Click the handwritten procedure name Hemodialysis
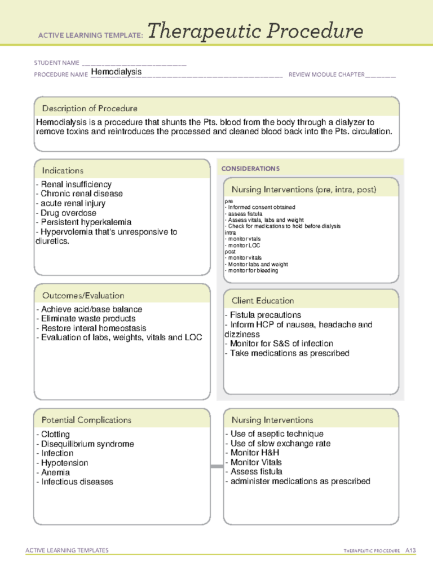116,72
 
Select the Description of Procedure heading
90,108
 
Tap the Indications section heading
63,170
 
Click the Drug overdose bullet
65,213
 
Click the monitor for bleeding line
251,270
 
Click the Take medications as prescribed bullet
287,353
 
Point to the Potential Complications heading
86,420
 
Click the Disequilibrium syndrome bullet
85,444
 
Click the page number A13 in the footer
410,549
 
